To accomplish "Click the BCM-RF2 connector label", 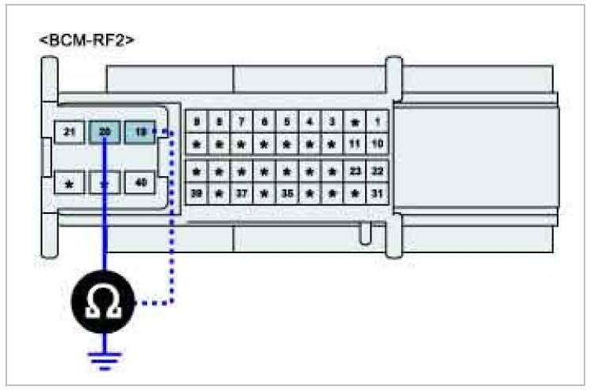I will (x=86, y=39).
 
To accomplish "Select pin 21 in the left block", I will (x=69, y=133).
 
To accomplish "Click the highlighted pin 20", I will (x=105, y=133).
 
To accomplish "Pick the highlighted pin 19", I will (x=140, y=133).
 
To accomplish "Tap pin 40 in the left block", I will (x=140, y=183).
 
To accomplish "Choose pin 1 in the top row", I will (x=377, y=123).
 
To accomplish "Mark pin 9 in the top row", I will (x=196, y=123).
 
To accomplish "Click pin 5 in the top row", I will (x=287, y=123).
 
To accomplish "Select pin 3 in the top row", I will (x=332, y=123).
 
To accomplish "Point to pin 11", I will (x=355, y=145).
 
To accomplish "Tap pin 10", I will (x=377, y=145).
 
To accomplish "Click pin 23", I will (x=355, y=171).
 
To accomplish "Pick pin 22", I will (x=377, y=171).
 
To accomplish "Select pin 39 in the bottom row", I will (x=196, y=193).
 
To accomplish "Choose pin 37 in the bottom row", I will (x=242, y=193).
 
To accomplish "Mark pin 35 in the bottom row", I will (x=287, y=193).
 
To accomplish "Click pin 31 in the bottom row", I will (x=377, y=193).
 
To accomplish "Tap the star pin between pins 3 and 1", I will (x=355, y=123).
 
